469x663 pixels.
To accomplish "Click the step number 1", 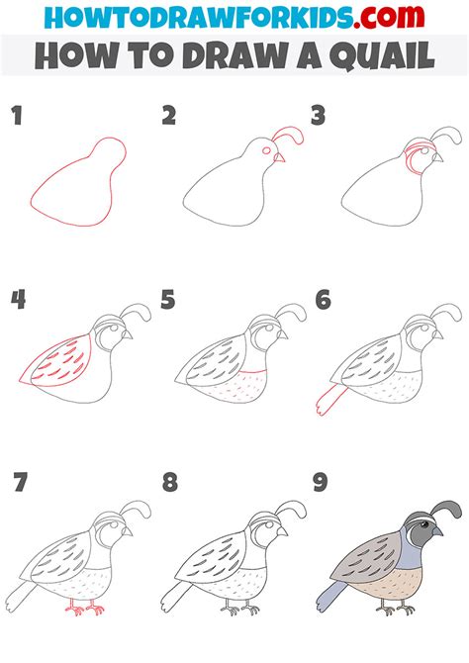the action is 17,116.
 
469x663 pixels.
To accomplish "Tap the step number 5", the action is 168,300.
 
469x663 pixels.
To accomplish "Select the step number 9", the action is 321,483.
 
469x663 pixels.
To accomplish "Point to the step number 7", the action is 20,483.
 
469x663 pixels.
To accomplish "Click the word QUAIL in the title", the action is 382,55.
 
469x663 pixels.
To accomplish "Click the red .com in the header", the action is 390,17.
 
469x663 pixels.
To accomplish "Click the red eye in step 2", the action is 267,150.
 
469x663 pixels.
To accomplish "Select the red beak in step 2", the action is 280,158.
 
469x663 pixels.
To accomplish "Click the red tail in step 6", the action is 329,399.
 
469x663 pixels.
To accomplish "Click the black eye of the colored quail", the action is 424,525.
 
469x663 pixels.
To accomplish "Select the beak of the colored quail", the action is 437,529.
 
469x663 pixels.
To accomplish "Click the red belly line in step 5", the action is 252,372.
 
